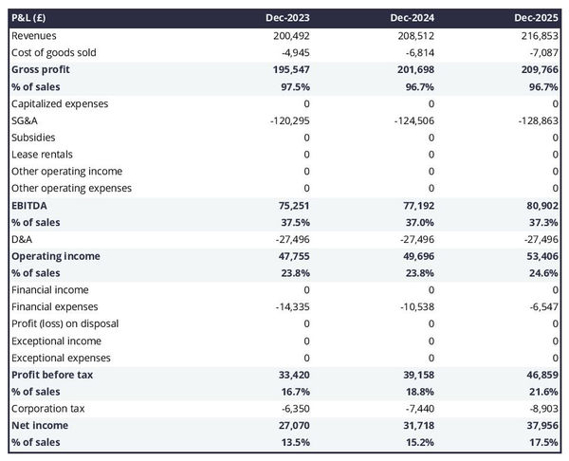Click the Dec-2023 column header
pyautogui.click(x=289, y=18)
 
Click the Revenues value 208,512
pyautogui.click(x=413, y=35)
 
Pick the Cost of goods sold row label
pyautogui.click(x=54, y=52)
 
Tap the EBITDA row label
pyautogui.click(x=29, y=205)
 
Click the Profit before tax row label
pyautogui.click(x=52, y=375)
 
